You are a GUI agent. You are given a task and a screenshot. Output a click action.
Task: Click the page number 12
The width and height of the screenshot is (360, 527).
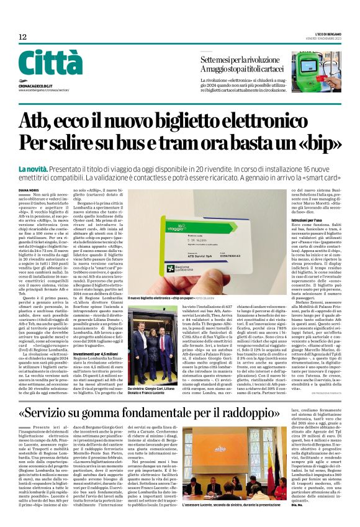[22, 37]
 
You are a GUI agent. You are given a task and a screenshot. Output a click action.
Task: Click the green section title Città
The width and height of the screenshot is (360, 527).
[50, 63]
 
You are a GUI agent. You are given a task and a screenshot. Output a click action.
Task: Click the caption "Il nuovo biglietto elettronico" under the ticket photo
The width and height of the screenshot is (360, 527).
[158, 299]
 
